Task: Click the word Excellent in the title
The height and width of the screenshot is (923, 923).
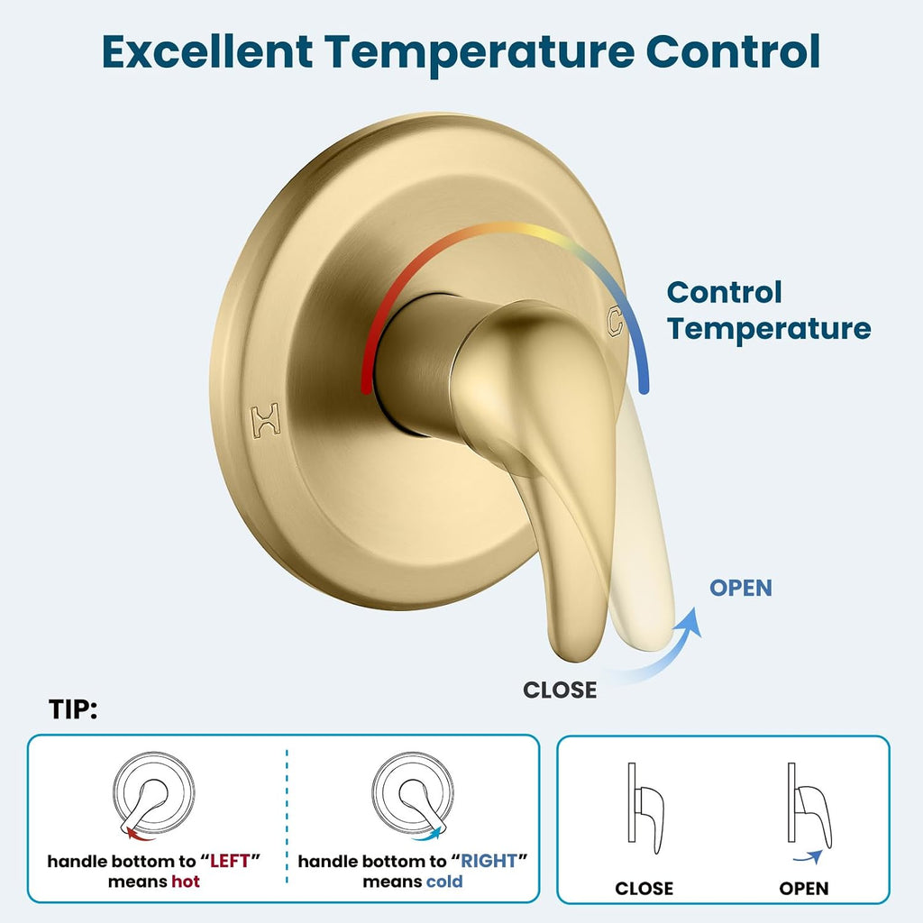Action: coord(207,51)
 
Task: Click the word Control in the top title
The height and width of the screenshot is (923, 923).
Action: coord(733,51)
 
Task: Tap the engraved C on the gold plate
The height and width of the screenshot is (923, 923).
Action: coord(615,322)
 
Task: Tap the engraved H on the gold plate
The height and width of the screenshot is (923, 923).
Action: coord(266,420)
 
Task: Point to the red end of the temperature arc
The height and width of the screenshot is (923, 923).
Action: coord(366,388)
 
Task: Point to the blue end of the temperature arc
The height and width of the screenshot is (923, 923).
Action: coord(644,388)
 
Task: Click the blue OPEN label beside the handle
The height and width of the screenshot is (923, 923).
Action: coord(741,588)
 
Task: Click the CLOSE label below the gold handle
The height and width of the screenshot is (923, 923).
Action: coord(560,690)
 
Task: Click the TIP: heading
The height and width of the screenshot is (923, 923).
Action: coord(73,709)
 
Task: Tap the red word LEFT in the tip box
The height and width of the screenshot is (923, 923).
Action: coord(230,861)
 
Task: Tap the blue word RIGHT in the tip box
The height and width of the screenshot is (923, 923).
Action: coord(489,861)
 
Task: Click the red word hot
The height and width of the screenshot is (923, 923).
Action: coord(186,882)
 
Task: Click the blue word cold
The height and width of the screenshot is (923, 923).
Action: coord(444,882)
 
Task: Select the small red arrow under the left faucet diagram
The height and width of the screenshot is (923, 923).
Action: coord(139,834)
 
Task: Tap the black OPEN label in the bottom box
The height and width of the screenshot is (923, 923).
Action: coord(803,888)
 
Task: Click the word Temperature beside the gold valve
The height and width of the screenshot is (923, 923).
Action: coord(769,328)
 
